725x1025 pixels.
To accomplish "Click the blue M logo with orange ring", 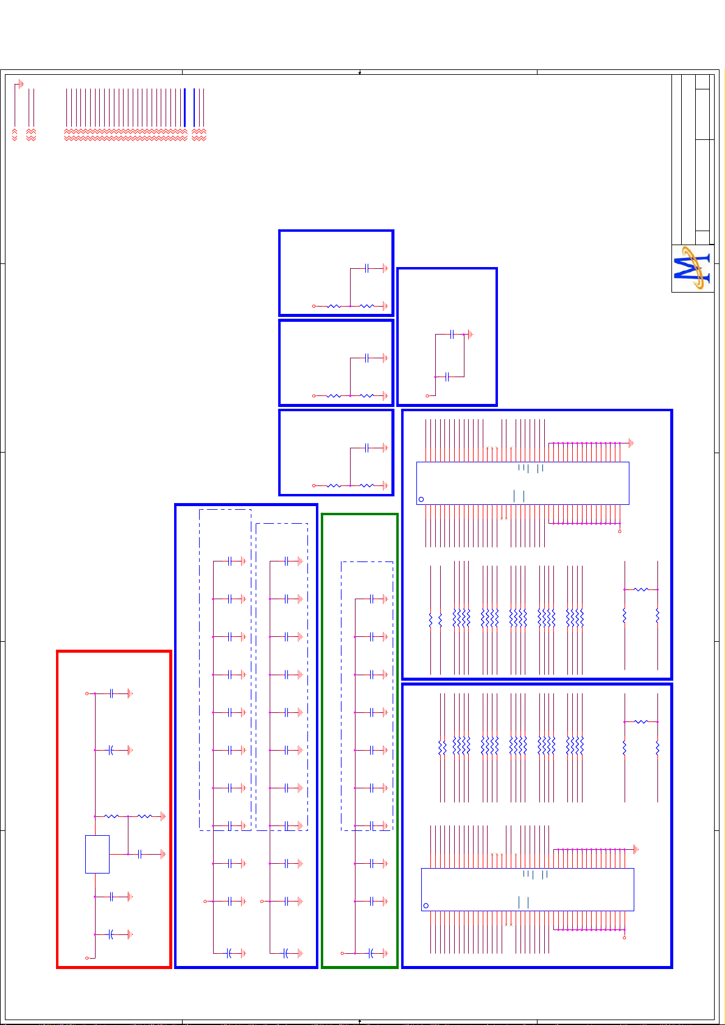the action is click(693, 268).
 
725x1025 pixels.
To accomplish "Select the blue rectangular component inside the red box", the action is click(97, 854).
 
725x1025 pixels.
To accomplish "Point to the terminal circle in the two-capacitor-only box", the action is click(427, 396).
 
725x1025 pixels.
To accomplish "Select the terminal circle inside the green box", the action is click(342, 953).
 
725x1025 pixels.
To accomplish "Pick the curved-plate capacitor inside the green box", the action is click(371, 953).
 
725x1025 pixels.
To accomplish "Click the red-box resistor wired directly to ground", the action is click(145, 816).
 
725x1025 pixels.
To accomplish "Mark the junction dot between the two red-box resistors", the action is click(128, 816).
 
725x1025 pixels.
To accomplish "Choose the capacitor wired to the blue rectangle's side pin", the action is click(140, 854).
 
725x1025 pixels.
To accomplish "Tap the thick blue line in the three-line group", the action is click(194, 108).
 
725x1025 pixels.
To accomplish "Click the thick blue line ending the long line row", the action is click(184, 108).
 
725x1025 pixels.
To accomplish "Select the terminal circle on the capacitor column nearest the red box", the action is click(205, 901).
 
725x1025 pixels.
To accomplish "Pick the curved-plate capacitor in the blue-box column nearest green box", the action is click(285, 953).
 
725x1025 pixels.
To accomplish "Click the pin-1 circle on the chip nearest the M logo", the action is click(421, 499).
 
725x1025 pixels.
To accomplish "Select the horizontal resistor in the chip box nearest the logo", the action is click(641, 589).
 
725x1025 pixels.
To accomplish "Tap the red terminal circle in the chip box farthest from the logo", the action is click(625, 937).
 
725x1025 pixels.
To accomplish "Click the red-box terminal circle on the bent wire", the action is click(87, 958).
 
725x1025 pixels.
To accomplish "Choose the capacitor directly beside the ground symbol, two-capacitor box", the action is click(452, 335).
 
